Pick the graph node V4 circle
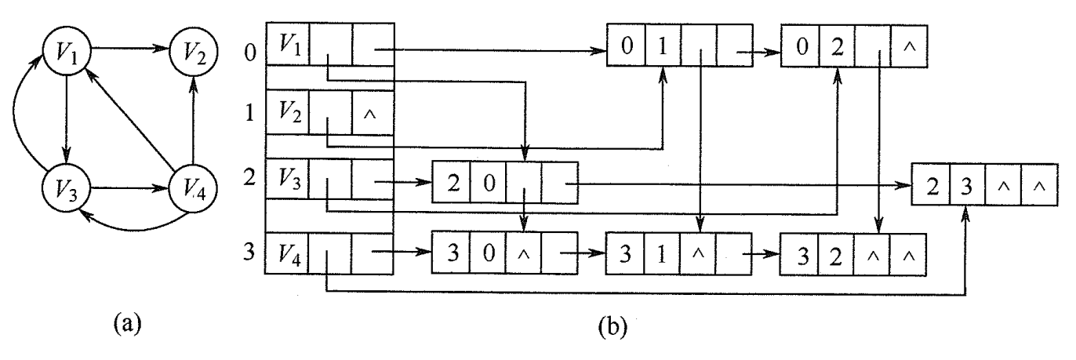[x=192, y=189]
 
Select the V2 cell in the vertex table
[x=286, y=114]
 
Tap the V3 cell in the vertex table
[x=286, y=182]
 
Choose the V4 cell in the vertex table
[x=286, y=252]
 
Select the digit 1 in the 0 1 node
[x=663, y=45]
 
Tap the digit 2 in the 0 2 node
[x=838, y=45]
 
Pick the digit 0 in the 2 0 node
[x=488, y=183]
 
